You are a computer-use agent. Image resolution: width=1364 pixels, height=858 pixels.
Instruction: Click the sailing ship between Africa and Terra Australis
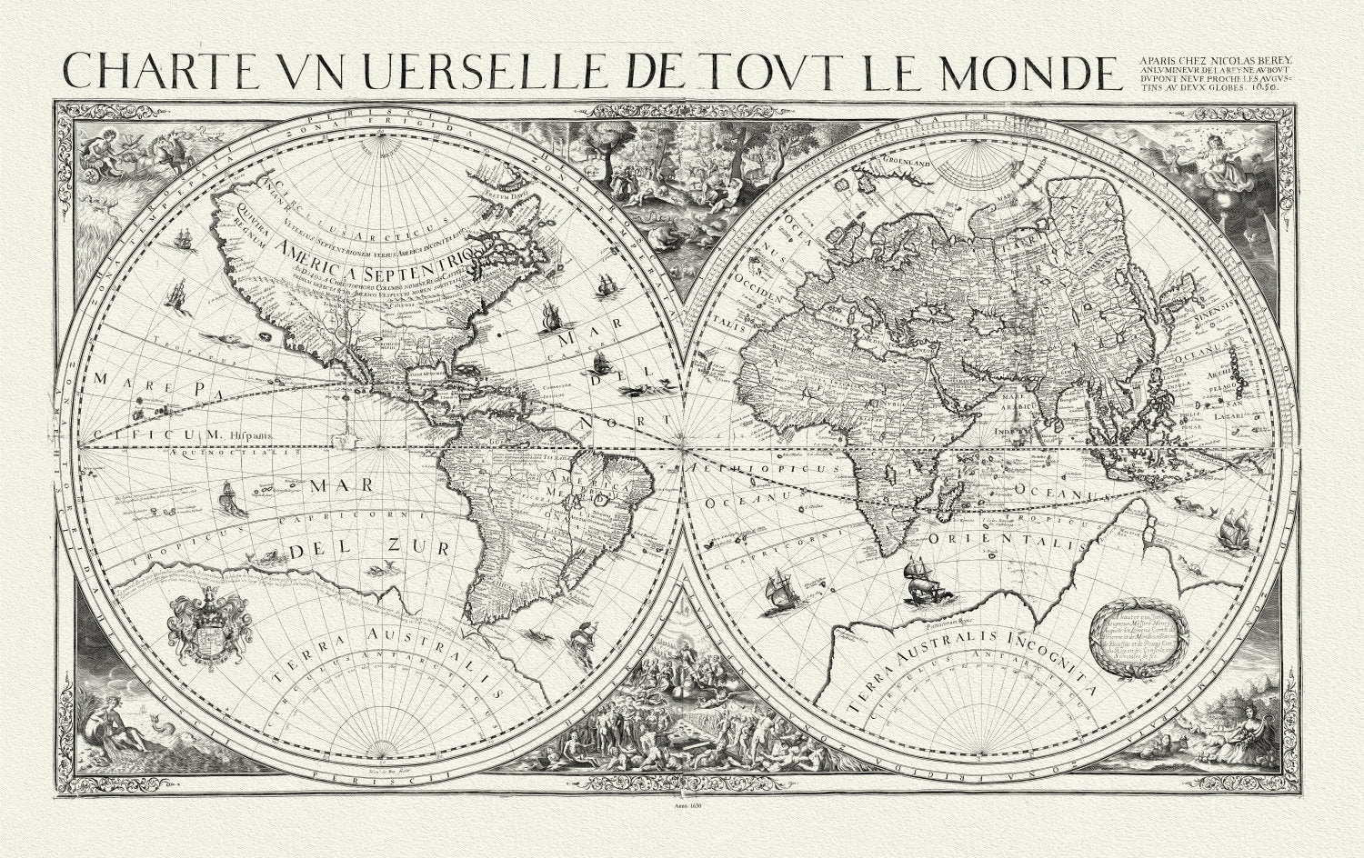pos(925,582)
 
